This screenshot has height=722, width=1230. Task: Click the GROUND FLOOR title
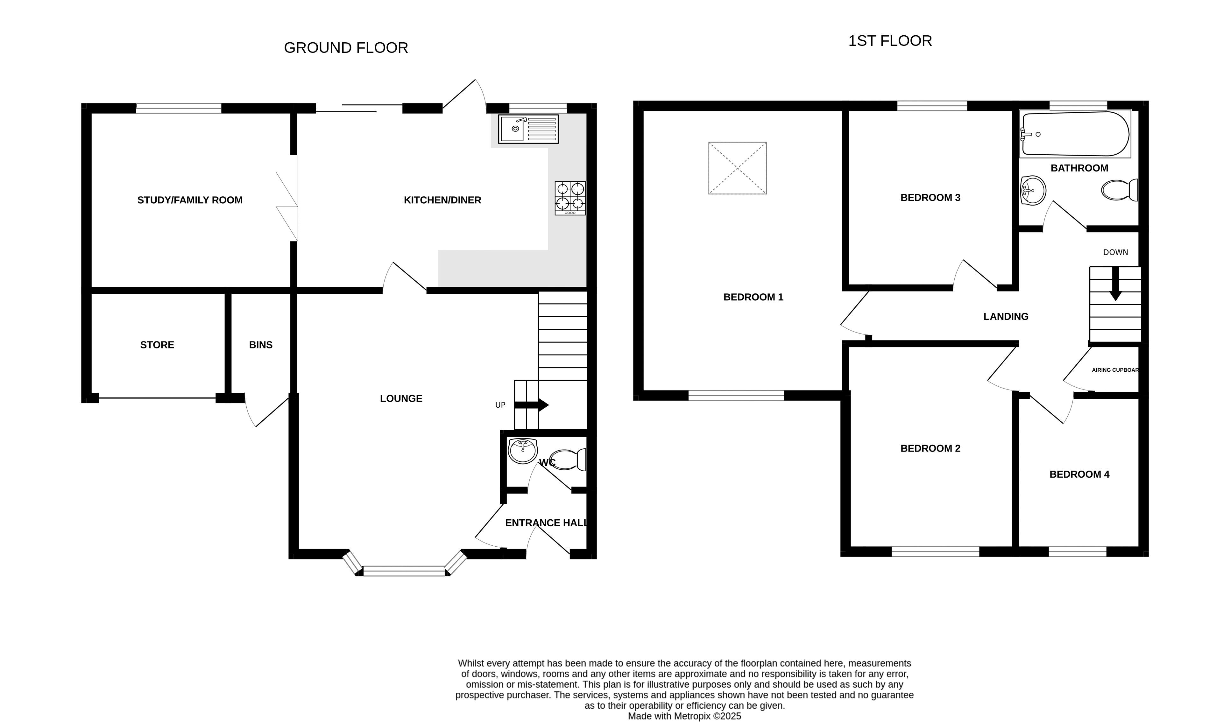pyautogui.click(x=346, y=48)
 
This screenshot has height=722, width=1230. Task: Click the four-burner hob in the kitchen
pyautogui.click(x=570, y=198)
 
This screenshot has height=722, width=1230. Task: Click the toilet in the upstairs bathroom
pyautogui.click(x=1120, y=190)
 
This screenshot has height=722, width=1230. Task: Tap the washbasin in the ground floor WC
pyautogui.click(x=522, y=451)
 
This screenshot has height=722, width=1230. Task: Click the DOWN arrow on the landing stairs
pyautogui.click(x=1115, y=284)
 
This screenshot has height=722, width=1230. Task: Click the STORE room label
pyautogui.click(x=157, y=345)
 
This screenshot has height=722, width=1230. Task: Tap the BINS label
pyautogui.click(x=261, y=345)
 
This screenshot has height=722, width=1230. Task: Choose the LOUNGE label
pyautogui.click(x=401, y=399)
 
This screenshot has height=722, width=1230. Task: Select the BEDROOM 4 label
pyautogui.click(x=1079, y=474)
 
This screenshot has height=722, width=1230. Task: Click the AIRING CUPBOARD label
pyautogui.click(x=1115, y=370)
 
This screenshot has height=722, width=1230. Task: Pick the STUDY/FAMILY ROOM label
pyautogui.click(x=190, y=200)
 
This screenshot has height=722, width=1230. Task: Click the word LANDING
pyautogui.click(x=1006, y=317)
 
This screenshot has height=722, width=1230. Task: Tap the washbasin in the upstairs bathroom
pyautogui.click(x=1033, y=190)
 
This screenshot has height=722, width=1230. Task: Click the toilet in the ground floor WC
pyautogui.click(x=568, y=459)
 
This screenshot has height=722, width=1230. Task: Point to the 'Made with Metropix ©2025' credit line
pyautogui.click(x=684, y=716)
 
